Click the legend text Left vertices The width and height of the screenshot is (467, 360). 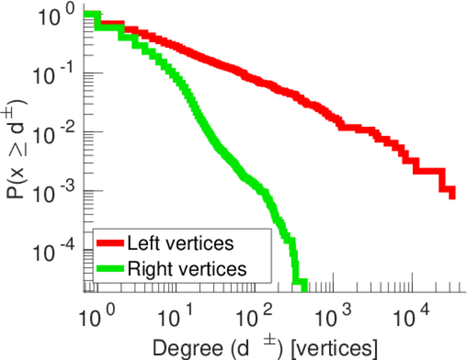tap(180, 243)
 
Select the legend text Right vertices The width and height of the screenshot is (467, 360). tap(187, 269)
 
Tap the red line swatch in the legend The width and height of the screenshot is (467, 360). tap(110, 243)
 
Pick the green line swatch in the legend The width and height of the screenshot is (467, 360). tap(110, 269)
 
